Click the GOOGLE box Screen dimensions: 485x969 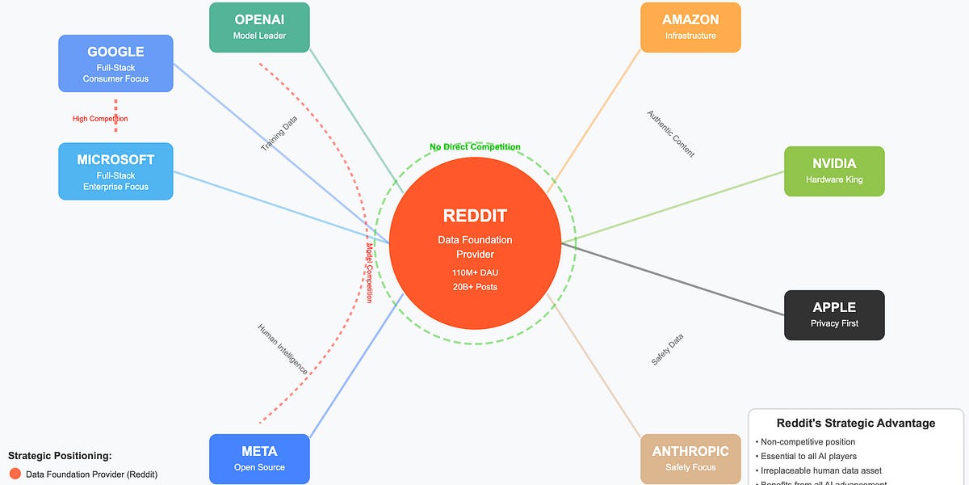coord(115,63)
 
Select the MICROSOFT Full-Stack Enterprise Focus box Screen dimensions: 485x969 coord(115,171)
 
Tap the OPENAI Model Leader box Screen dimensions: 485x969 coord(259,27)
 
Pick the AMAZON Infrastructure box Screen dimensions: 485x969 coord(690,27)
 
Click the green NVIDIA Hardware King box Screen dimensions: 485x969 coord(834,171)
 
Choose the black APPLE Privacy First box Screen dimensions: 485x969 coord(834,314)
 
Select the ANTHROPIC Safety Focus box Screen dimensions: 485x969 coord(690,458)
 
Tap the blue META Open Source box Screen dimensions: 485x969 coord(259,458)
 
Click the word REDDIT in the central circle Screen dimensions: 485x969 coord(475,216)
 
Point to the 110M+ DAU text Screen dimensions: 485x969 coord(475,272)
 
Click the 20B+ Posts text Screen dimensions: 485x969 coord(475,287)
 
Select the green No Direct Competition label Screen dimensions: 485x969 coord(475,147)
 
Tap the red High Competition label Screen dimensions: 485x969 coord(100,119)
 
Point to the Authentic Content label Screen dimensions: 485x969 coord(670,134)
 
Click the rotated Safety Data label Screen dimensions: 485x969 coord(667,349)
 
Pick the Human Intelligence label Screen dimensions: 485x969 coord(282,348)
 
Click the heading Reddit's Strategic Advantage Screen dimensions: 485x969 coord(856,423)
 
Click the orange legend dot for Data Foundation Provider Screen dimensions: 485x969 coord(15,474)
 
